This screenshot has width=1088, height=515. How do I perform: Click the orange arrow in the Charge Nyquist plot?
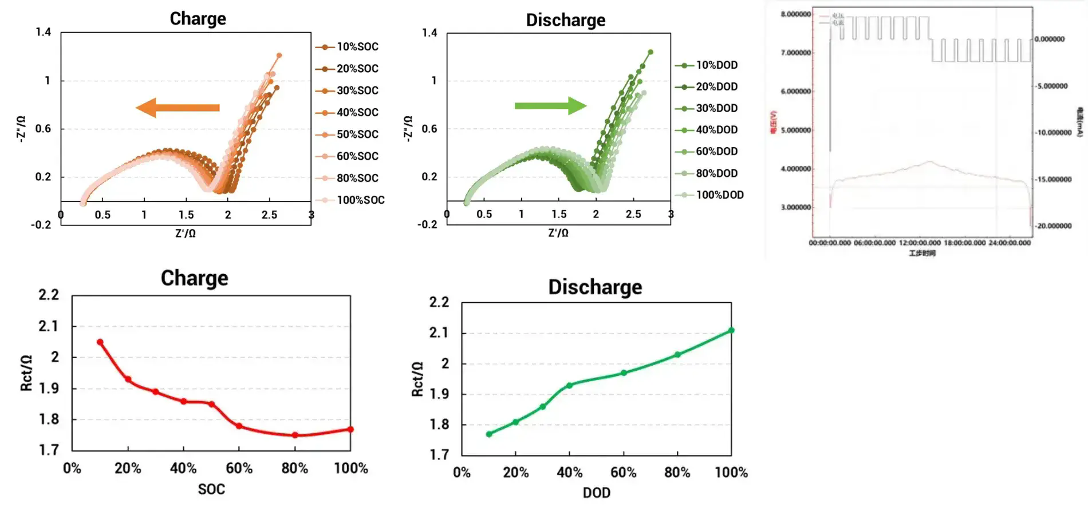tap(178, 108)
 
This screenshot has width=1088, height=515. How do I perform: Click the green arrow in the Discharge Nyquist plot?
tap(550, 105)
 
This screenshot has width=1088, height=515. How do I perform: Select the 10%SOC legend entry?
tap(357, 47)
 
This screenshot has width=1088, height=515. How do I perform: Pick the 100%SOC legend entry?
tap(360, 200)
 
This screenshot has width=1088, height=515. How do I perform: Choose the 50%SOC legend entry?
tap(357, 134)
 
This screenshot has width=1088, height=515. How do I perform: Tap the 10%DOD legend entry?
tap(716, 65)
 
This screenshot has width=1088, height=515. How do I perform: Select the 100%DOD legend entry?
tap(719, 195)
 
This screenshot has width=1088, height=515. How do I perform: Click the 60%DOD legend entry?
tap(716, 152)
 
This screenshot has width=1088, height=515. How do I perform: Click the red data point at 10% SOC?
tap(100, 342)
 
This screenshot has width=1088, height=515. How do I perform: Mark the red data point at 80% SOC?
tap(295, 435)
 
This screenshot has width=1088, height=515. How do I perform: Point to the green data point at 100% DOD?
tap(731, 330)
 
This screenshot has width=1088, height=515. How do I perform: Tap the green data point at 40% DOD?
tap(569, 385)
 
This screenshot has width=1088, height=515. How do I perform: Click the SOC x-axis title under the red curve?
tap(211, 489)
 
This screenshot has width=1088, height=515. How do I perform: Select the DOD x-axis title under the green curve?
tap(596, 493)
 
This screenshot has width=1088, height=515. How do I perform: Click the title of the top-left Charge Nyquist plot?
tap(198, 19)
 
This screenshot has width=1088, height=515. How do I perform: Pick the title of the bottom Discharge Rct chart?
tap(595, 287)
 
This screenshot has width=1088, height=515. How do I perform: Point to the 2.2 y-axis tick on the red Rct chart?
tap(49, 295)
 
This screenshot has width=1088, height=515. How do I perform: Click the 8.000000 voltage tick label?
tap(795, 14)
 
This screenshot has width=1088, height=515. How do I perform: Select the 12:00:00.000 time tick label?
tap(920, 243)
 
